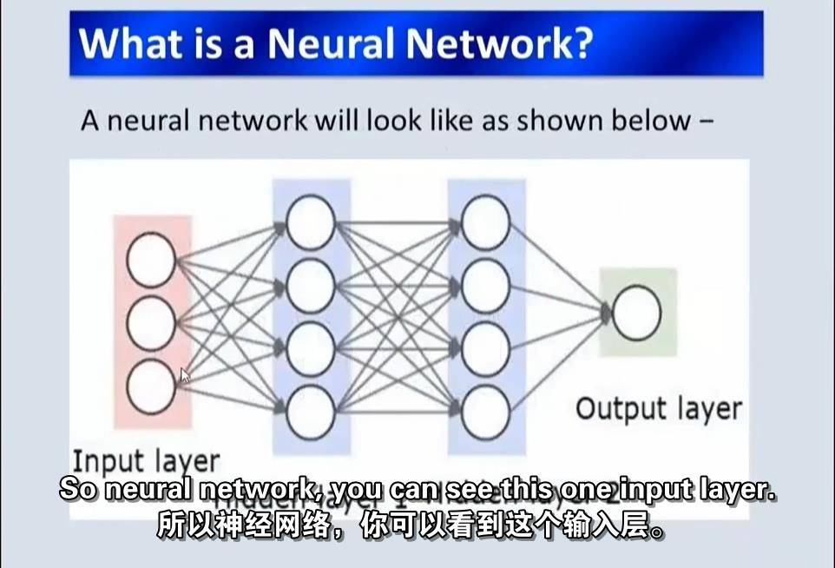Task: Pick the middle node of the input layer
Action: pyautogui.click(x=151, y=323)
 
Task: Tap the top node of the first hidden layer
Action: pyautogui.click(x=310, y=221)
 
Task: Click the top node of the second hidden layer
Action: pyautogui.click(x=485, y=221)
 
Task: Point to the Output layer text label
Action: pyautogui.click(x=659, y=408)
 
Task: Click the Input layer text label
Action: pyautogui.click(x=146, y=460)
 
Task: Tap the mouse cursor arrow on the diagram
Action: pyautogui.click(x=185, y=376)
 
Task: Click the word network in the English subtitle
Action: pyautogui.click(x=261, y=489)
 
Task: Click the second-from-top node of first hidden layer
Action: pyautogui.click(x=310, y=285)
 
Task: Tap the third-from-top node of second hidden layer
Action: pyautogui.click(x=485, y=348)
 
